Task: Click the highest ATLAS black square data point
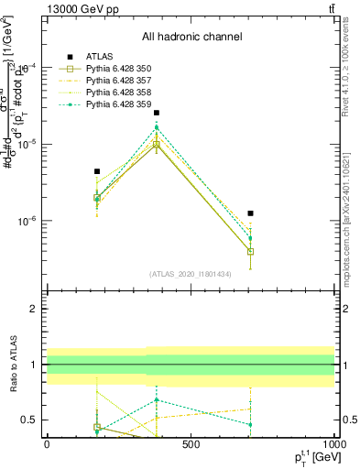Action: pyautogui.click(x=157, y=113)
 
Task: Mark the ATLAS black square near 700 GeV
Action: pyautogui.click(x=250, y=213)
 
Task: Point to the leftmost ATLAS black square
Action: pyautogui.click(x=96, y=171)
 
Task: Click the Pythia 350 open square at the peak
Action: pyautogui.click(x=157, y=145)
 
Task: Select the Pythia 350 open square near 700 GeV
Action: pyautogui.click(x=250, y=251)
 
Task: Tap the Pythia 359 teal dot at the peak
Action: pyautogui.click(x=157, y=128)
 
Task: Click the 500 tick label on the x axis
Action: pyautogui.click(x=191, y=444)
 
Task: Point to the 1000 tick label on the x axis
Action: pyautogui.click(x=333, y=444)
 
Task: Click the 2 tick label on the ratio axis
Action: pyautogui.click(x=34, y=309)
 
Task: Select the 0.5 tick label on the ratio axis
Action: pyautogui.click(x=30, y=420)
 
